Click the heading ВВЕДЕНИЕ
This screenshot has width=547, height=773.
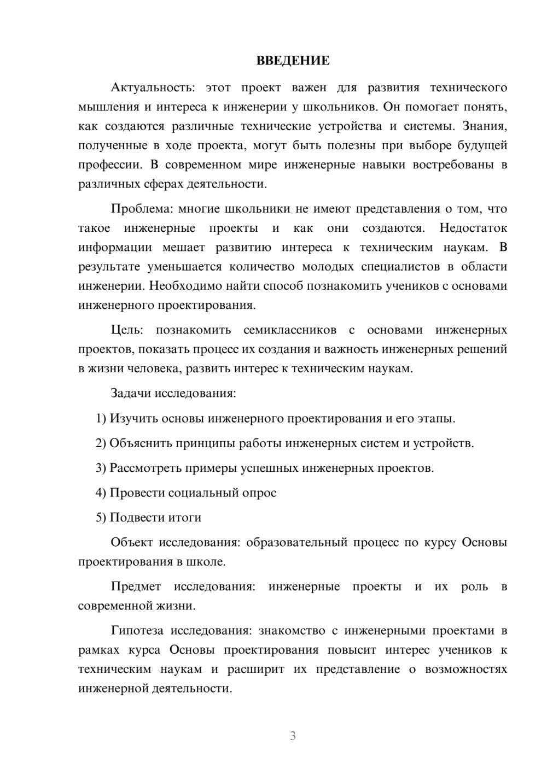pos(293,61)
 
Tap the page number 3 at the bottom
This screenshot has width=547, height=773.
pos(293,736)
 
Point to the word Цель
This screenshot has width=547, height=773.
pos(127,330)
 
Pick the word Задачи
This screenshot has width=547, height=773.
pos(131,393)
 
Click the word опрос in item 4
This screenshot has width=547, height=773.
pos(258,493)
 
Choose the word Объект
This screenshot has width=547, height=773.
pos(131,542)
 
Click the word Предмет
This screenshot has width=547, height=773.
pos(136,587)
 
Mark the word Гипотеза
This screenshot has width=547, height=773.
pos(137,630)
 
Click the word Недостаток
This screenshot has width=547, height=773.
pos(473,228)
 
